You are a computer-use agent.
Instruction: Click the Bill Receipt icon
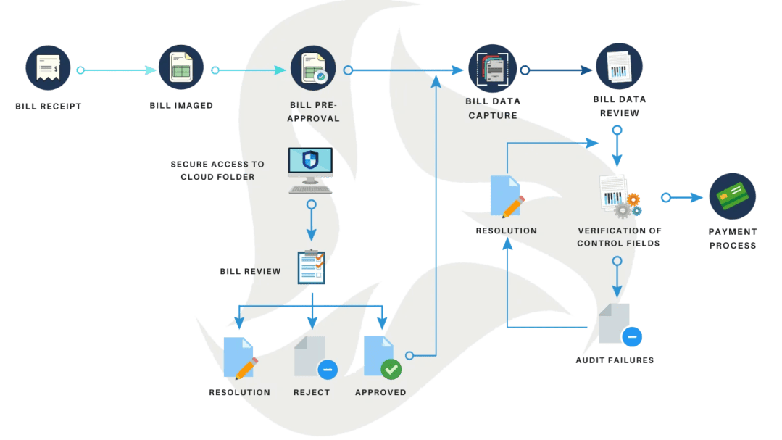tap(48, 68)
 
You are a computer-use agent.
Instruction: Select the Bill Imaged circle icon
tap(181, 67)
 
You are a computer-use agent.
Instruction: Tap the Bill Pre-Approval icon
tap(313, 68)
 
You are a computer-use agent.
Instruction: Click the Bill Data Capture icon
tap(492, 68)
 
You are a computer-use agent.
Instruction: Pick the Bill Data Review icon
tap(619, 67)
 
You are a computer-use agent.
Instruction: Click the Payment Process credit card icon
tap(732, 196)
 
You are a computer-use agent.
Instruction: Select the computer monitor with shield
tap(310, 170)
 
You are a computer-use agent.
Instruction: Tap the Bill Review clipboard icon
tap(312, 267)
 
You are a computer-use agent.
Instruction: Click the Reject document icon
tap(315, 357)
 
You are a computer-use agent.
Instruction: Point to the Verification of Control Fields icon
tap(620, 196)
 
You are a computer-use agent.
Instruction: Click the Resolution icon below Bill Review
tap(241, 358)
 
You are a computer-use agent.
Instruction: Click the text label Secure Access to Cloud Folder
tap(217, 170)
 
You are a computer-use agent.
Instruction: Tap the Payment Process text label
tap(733, 238)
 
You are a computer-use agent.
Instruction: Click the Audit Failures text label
tap(615, 360)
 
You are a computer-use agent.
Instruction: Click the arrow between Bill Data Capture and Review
tap(557, 70)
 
